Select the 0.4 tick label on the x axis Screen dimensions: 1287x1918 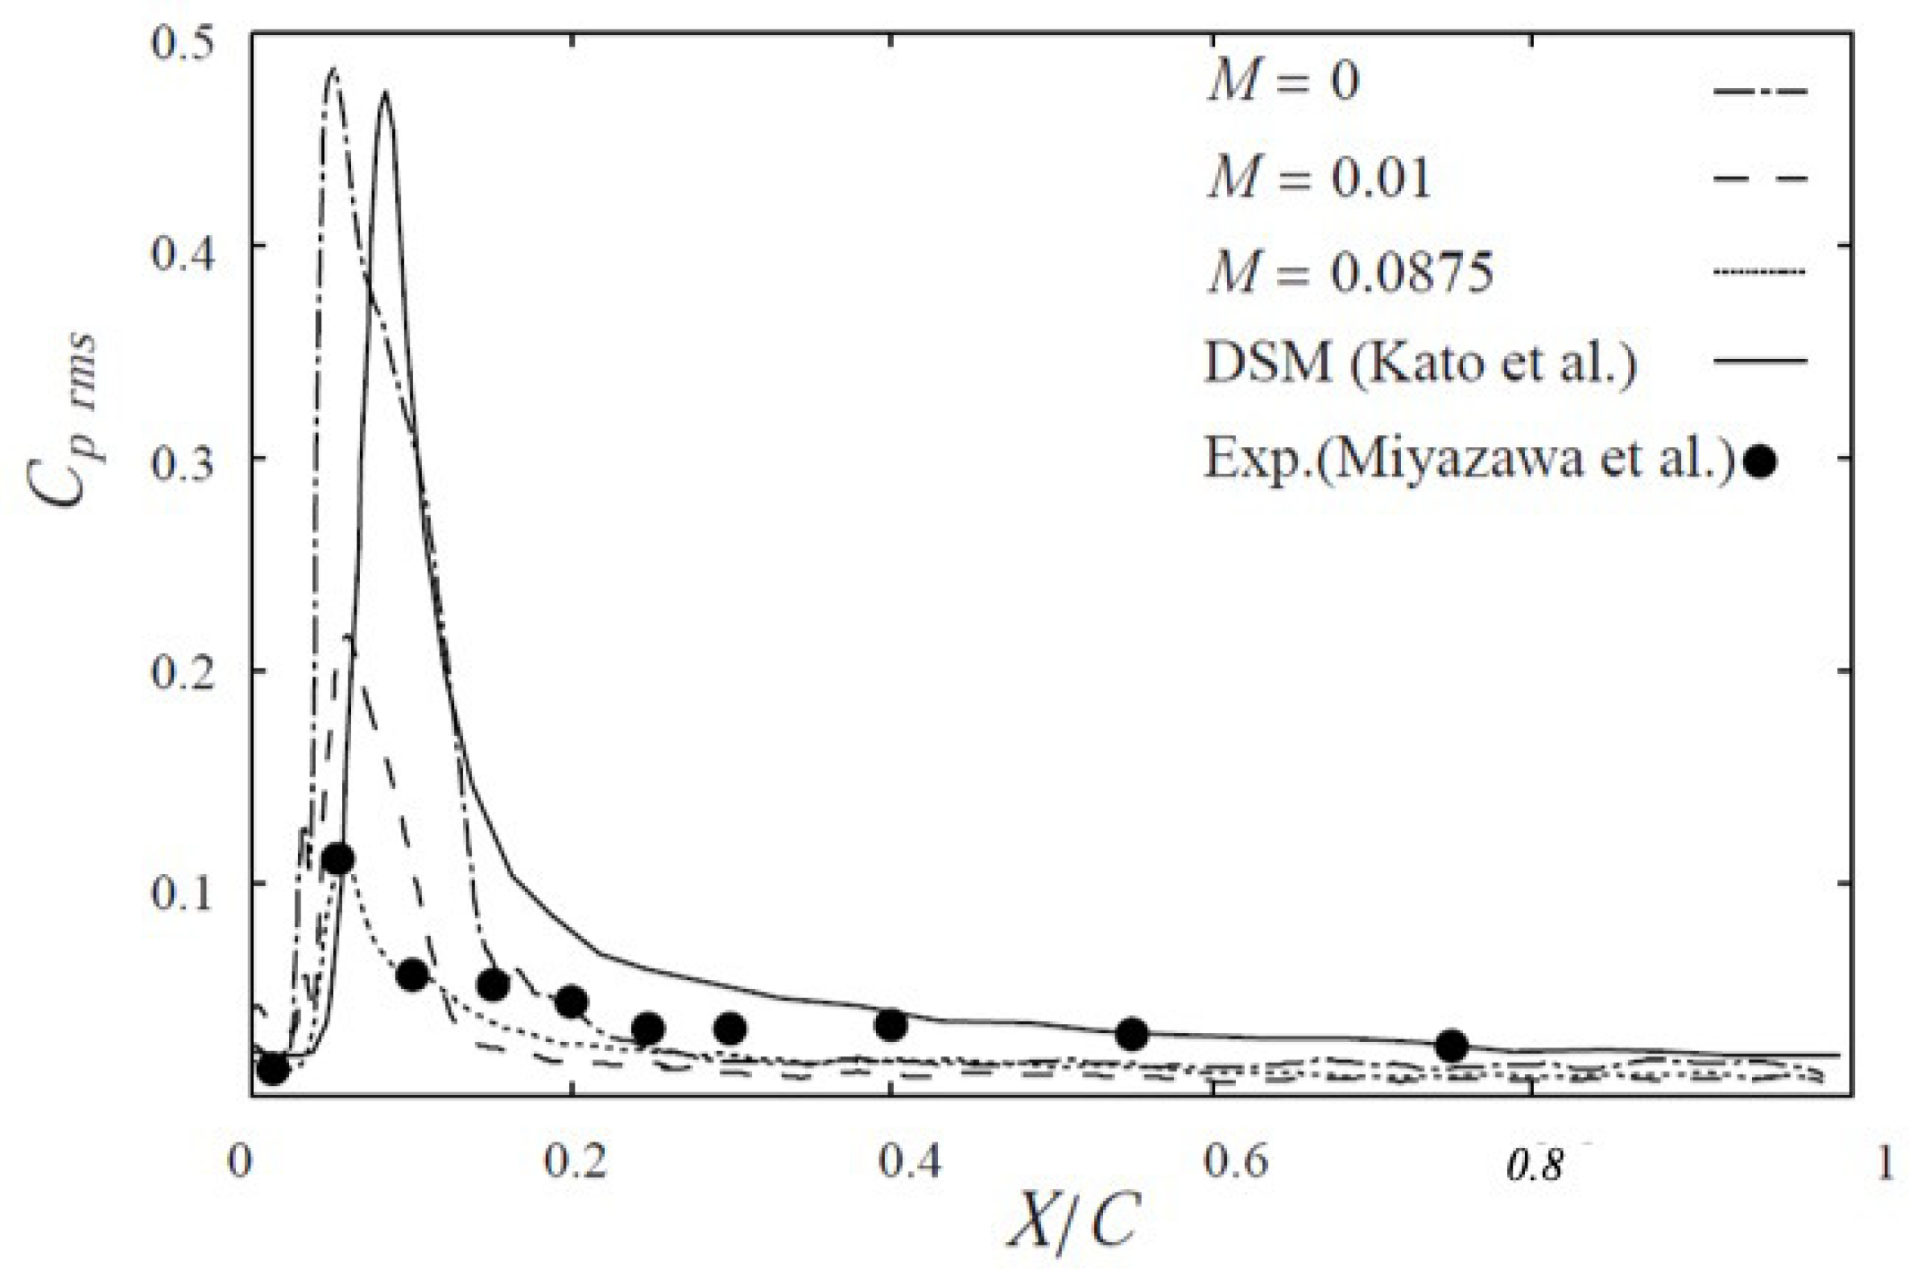(908, 1161)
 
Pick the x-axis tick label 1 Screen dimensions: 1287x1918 (1886, 1163)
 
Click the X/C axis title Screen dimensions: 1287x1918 (1073, 1221)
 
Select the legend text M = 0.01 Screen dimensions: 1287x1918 (1318, 178)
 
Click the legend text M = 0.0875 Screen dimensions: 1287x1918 (1350, 272)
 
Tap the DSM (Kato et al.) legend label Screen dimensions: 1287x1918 (1420, 363)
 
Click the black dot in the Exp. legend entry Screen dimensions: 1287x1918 (1760, 462)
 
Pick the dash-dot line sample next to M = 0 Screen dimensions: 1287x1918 (1759, 91)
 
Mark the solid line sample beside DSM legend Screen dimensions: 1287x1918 (1759, 361)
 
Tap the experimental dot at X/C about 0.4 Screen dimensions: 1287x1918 (890, 1025)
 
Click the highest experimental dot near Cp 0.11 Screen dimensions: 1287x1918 (338, 859)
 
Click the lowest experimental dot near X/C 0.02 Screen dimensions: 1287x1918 (273, 1069)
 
